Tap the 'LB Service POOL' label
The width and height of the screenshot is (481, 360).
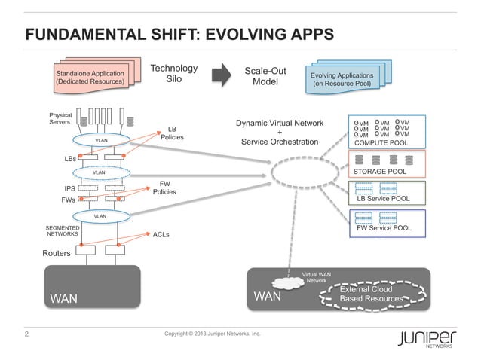[382, 199]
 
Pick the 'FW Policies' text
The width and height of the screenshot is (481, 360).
[164, 187]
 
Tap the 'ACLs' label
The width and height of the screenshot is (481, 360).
[161, 235]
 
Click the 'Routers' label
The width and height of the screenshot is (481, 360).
[56, 254]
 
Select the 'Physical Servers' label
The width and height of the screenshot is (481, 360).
[60, 119]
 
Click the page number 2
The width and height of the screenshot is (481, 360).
[28, 333]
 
